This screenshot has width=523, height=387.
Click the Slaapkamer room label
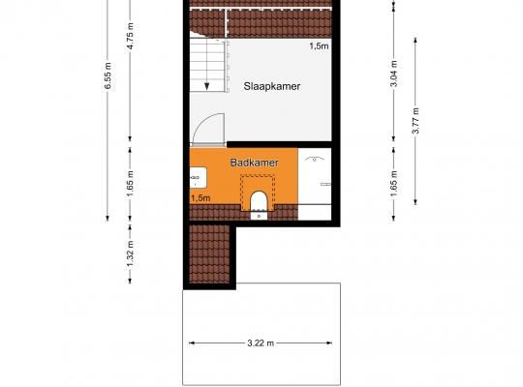click(x=272, y=86)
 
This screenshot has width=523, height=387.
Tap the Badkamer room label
click(x=255, y=163)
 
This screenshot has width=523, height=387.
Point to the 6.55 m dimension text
click(x=108, y=75)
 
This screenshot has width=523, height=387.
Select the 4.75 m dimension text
click(x=130, y=36)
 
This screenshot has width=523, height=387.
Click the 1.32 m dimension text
click(x=130, y=253)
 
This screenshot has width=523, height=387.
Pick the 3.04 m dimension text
click(x=394, y=74)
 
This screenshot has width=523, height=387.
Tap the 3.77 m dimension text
click(x=415, y=120)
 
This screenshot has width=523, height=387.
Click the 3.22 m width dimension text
click(x=261, y=343)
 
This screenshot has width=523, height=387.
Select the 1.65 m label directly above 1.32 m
click(x=130, y=183)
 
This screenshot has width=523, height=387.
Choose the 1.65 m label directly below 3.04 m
click(x=394, y=183)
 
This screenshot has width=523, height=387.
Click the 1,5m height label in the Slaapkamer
click(x=319, y=46)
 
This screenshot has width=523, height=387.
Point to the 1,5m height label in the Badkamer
click(x=200, y=198)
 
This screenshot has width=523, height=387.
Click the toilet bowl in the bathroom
click(x=259, y=200)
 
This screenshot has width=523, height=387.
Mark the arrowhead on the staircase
click(x=207, y=86)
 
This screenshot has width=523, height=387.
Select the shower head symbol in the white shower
click(x=314, y=159)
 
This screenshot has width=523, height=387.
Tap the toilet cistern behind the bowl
click(x=259, y=216)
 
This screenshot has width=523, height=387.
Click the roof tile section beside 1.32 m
click(x=209, y=253)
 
